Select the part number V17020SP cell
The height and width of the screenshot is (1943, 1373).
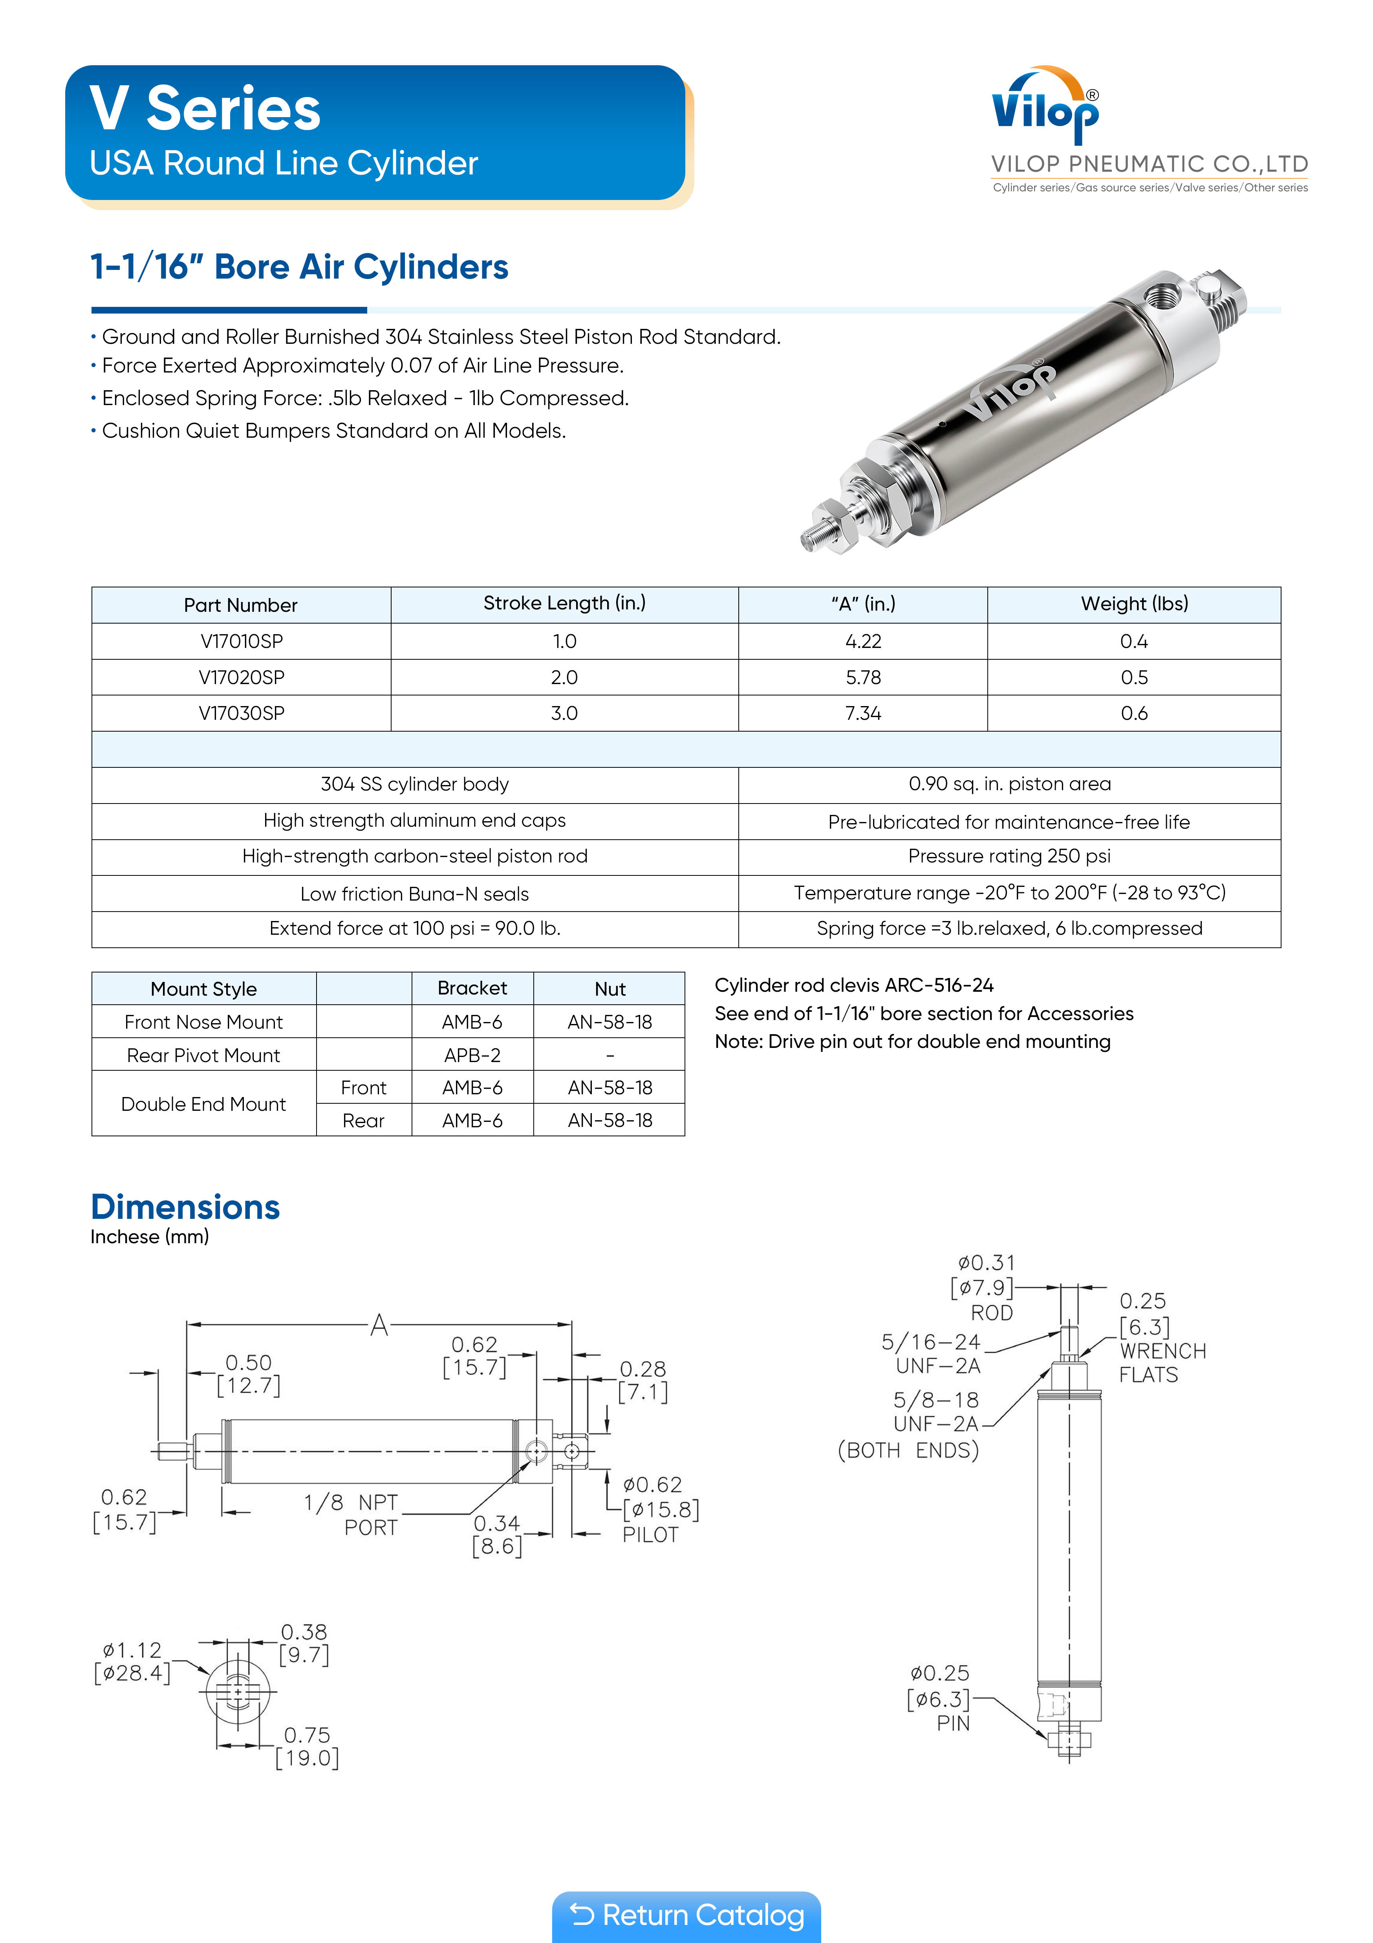[x=241, y=677]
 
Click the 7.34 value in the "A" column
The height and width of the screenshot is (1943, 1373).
[x=863, y=714]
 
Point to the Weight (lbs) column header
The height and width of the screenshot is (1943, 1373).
[x=1133, y=604]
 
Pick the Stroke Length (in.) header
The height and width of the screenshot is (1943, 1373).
[x=564, y=604]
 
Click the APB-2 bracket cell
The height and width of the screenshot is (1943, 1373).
[x=472, y=1055]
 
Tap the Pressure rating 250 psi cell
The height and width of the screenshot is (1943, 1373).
[x=1009, y=857]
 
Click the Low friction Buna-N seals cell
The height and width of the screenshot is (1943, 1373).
[x=414, y=894]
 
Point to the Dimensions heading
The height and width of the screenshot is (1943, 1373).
[x=185, y=1207]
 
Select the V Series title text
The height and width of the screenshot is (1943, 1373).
[x=205, y=109]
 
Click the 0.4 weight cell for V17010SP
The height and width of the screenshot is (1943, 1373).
[x=1133, y=642]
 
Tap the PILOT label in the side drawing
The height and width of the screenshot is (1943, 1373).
[x=650, y=1535]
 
